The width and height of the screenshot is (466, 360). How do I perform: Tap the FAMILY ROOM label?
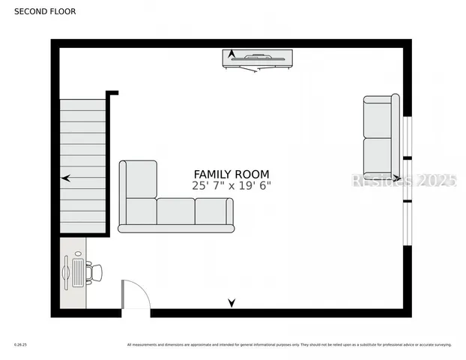pyautogui.click(x=232, y=174)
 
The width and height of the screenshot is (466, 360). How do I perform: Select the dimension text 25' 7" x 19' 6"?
pyautogui.click(x=232, y=186)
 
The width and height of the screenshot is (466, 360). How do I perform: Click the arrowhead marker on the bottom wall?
pyautogui.click(x=232, y=303)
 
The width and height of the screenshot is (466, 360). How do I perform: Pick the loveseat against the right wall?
pyautogui.click(x=381, y=136)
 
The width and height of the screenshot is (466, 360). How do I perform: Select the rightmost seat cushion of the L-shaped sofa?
pyautogui.click(x=214, y=211)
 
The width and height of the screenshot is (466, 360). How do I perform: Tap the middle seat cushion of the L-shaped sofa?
pyautogui.click(x=175, y=211)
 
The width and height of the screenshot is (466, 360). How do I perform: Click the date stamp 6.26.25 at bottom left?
pyautogui.click(x=19, y=345)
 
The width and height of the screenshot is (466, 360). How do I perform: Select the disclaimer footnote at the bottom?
pyautogui.click(x=289, y=345)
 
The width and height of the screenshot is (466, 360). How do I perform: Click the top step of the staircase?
pyautogui.click(x=82, y=105)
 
